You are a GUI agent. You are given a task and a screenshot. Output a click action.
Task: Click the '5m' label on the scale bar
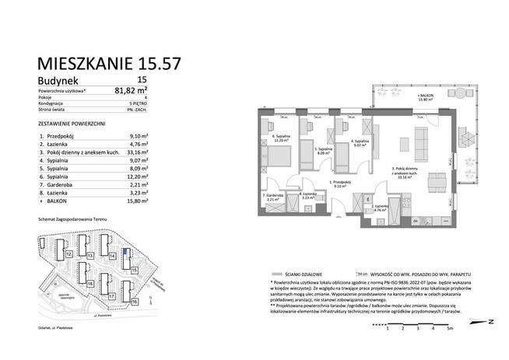pyautogui.click(x=450, y=329)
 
